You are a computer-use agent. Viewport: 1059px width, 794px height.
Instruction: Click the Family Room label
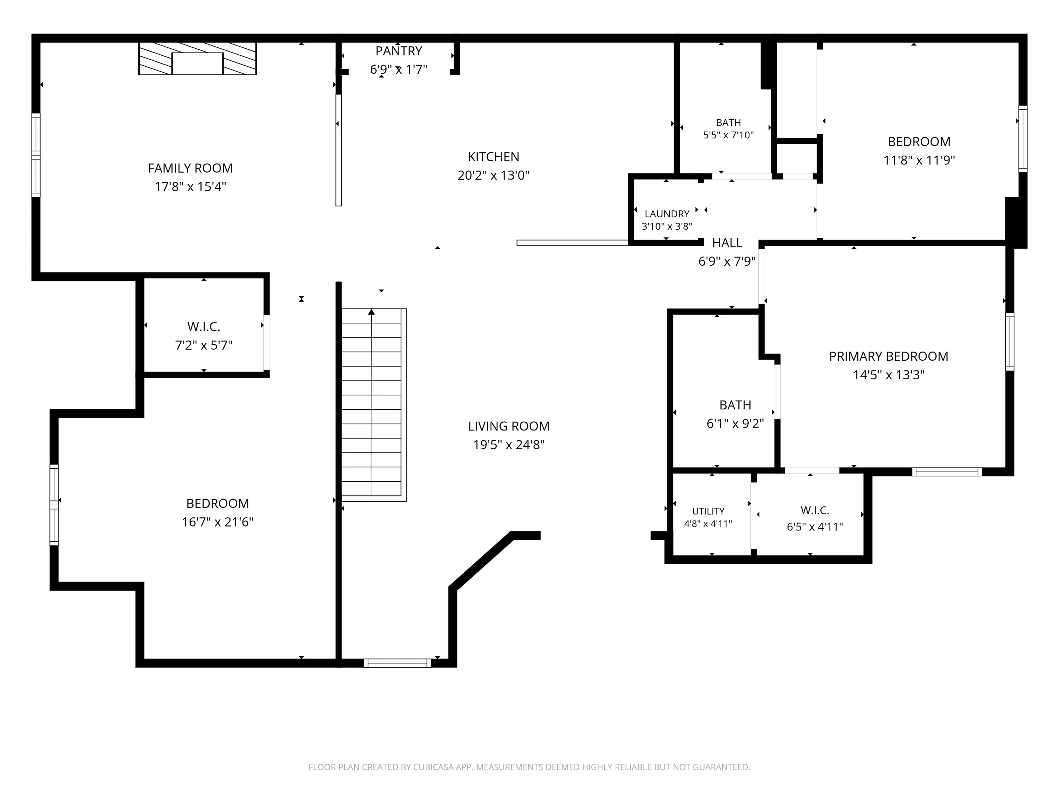coord(190,168)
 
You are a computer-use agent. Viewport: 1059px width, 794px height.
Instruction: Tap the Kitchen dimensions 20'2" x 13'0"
coord(493,175)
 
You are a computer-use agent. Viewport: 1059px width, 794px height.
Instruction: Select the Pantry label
coord(399,51)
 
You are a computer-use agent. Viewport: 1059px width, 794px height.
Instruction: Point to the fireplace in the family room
coord(197,58)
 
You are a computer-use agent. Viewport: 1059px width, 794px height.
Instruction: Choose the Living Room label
coord(509,426)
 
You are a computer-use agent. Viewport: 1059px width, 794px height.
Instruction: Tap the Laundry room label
coord(667,214)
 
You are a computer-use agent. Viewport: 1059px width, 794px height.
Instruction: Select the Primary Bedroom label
coord(889,356)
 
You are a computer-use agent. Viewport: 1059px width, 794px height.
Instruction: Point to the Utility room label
coord(708,511)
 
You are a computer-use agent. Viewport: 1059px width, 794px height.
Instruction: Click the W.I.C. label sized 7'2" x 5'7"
coord(204,327)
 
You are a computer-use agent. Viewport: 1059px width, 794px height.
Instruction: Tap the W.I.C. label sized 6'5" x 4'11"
coord(815,510)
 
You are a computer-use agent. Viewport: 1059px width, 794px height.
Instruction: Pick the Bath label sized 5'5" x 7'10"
coord(729,122)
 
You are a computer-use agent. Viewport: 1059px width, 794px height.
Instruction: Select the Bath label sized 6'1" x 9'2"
coord(735,405)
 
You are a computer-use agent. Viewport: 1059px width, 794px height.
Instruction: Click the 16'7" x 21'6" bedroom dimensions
coord(217,522)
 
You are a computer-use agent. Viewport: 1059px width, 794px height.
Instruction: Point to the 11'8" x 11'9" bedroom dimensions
coord(919,160)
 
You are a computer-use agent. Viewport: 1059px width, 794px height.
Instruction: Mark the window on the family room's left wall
coord(36,155)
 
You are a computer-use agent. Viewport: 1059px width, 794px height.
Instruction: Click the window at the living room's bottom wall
coord(397,663)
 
